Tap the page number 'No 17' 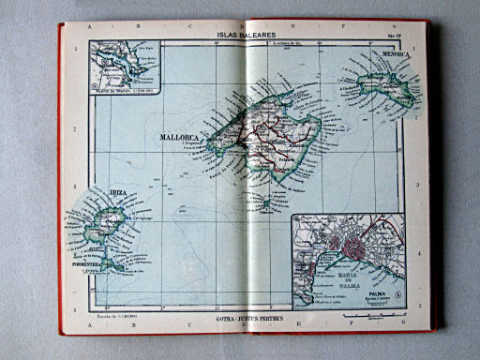click(x=395, y=36)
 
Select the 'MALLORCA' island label click(x=184, y=138)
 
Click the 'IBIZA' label click(x=118, y=192)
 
